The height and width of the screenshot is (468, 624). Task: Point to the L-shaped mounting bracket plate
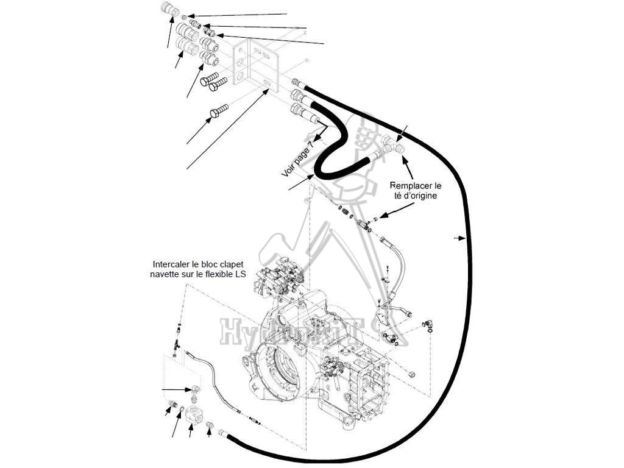[x=256, y=64]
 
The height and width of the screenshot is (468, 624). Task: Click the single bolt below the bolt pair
[x=218, y=111]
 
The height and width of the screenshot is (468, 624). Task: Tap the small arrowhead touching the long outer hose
[x=458, y=238]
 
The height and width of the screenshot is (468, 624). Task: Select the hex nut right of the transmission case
[x=411, y=373]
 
